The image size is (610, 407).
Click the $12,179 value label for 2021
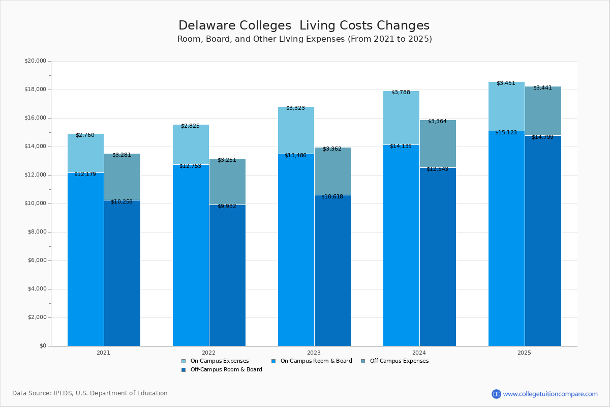tap(85, 175)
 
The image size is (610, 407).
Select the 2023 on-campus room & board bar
tap(296, 249)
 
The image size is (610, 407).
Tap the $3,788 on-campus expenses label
tap(401, 93)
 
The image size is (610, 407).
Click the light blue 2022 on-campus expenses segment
tap(191, 144)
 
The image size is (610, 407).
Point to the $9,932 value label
tap(227, 207)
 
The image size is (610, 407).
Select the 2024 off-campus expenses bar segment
tap(438, 144)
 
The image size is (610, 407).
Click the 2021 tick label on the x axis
tap(103, 353)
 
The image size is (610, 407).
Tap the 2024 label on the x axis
tap(419, 353)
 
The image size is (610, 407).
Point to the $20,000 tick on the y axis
tap(35, 61)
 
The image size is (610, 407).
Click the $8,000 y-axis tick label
tap(37, 232)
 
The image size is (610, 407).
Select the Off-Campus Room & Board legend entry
tap(226, 370)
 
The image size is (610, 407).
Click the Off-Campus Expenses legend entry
tap(399, 361)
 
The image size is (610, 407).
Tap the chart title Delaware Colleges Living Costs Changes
tap(304, 26)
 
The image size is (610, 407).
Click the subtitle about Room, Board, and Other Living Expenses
tap(304, 39)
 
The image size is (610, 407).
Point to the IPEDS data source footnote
tap(90, 393)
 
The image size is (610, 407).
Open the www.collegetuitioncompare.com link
tap(550, 394)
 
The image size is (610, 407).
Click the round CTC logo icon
tap(496, 394)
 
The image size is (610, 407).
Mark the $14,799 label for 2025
tap(542, 137)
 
